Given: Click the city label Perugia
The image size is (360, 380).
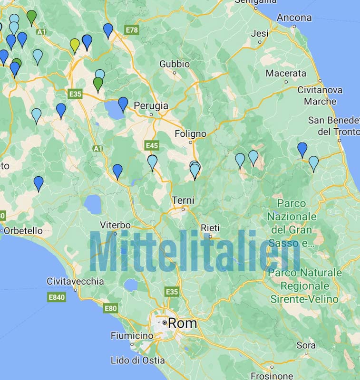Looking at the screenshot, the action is click(151, 105).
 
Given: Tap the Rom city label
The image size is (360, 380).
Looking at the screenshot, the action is click(183, 323).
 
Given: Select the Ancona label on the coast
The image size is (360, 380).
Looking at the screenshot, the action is click(294, 18).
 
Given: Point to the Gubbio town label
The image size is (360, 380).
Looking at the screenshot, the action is click(175, 64).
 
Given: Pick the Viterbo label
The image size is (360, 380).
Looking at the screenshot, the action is click(116, 225).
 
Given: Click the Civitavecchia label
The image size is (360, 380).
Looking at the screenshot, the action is click(75, 281).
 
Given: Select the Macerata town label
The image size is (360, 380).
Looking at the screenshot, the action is click(286, 73).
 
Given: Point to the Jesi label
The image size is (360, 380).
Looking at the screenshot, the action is click(260, 33).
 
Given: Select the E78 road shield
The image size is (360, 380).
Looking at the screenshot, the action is click(132, 30).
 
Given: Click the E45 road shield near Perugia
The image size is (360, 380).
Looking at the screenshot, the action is click(152, 145).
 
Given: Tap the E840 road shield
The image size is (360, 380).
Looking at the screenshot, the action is click(57, 297).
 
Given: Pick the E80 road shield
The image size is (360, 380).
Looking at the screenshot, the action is click(110, 308).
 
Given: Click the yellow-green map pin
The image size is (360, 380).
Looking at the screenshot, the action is click(75, 45).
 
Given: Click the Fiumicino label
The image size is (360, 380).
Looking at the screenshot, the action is click(132, 336).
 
